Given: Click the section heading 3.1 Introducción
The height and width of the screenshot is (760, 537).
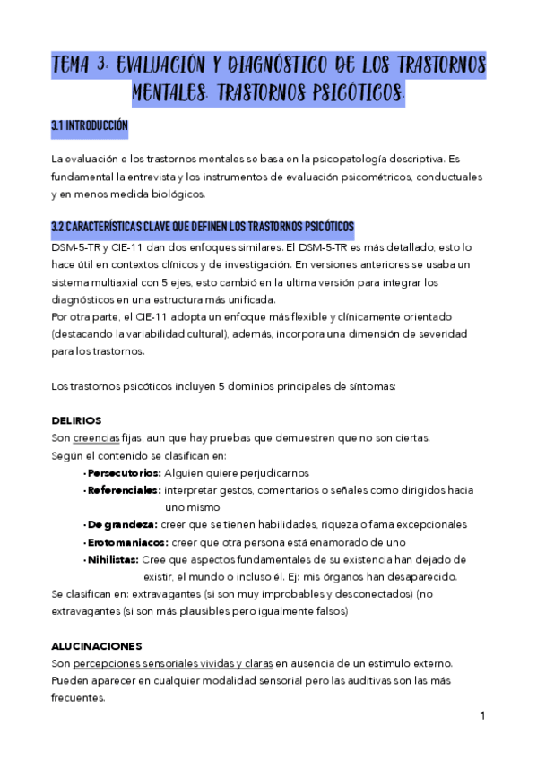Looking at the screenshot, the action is coord(90,126).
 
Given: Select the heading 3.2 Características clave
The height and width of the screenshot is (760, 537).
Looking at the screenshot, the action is coord(203,225).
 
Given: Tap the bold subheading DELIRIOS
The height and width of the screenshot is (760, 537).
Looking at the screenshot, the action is coord(76,420).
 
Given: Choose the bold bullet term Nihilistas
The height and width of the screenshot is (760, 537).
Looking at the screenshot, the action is coord(113,559).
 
